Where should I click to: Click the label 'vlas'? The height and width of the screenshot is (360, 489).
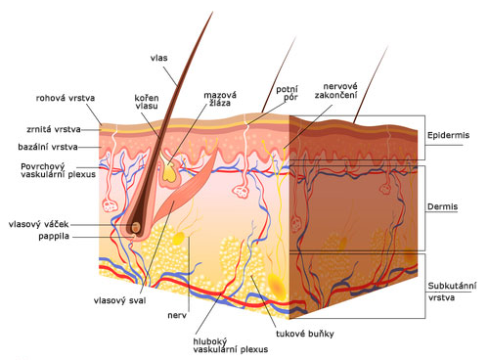coord(158,58)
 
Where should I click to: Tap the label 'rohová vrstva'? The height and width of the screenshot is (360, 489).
coord(66,98)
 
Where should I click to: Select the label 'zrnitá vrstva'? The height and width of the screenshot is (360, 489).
coord(54,129)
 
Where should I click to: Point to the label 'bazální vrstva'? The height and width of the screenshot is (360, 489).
coord(48,147)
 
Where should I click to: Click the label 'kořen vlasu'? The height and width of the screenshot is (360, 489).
coord(147,102)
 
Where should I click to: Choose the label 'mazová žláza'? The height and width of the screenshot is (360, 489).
coord(220,99)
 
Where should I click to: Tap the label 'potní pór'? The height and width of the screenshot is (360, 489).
coord(288,93)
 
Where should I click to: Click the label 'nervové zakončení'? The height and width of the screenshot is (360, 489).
coord(336,90)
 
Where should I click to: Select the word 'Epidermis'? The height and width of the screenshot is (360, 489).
coord(448,135)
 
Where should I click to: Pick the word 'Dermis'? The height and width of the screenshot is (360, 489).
coord(442,206)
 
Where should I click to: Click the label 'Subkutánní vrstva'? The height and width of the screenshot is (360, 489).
coord(452,292)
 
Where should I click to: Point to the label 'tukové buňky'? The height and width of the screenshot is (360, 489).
coord(305,334)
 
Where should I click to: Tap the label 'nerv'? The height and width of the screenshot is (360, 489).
coord(177,315)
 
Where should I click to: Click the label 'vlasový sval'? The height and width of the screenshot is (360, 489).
coord(119,300)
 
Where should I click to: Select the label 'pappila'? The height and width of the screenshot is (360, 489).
coord(54,236)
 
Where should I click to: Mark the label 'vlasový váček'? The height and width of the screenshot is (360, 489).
coord(39,224)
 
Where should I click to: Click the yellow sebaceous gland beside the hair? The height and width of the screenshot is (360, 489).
coord(169,172)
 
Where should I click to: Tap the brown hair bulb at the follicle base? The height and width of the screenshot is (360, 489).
coord(136,227)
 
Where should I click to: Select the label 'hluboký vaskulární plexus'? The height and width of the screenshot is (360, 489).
coord(231,345)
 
